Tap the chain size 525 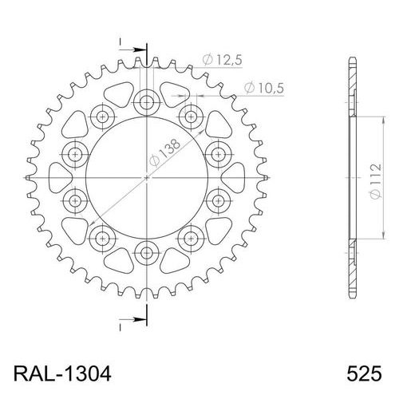[364, 373]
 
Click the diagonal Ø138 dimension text [165, 154]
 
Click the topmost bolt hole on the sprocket [147, 101]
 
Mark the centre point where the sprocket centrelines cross [147, 177]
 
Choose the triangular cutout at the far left [59, 177]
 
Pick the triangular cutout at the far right [235, 177]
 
